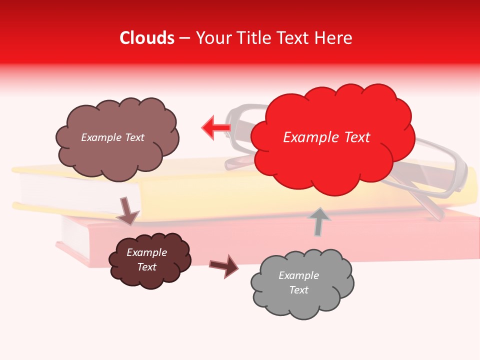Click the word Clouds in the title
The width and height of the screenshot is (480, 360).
(x=147, y=38)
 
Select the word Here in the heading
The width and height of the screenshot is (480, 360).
(x=333, y=38)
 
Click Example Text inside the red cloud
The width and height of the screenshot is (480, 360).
(x=326, y=137)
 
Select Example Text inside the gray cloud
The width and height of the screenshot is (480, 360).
(x=298, y=282)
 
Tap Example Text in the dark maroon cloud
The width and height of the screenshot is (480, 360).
(x=146, y=259)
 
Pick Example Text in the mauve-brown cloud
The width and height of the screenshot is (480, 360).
(x=112, y=137)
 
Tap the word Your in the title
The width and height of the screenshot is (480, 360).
(x=212, y=38)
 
